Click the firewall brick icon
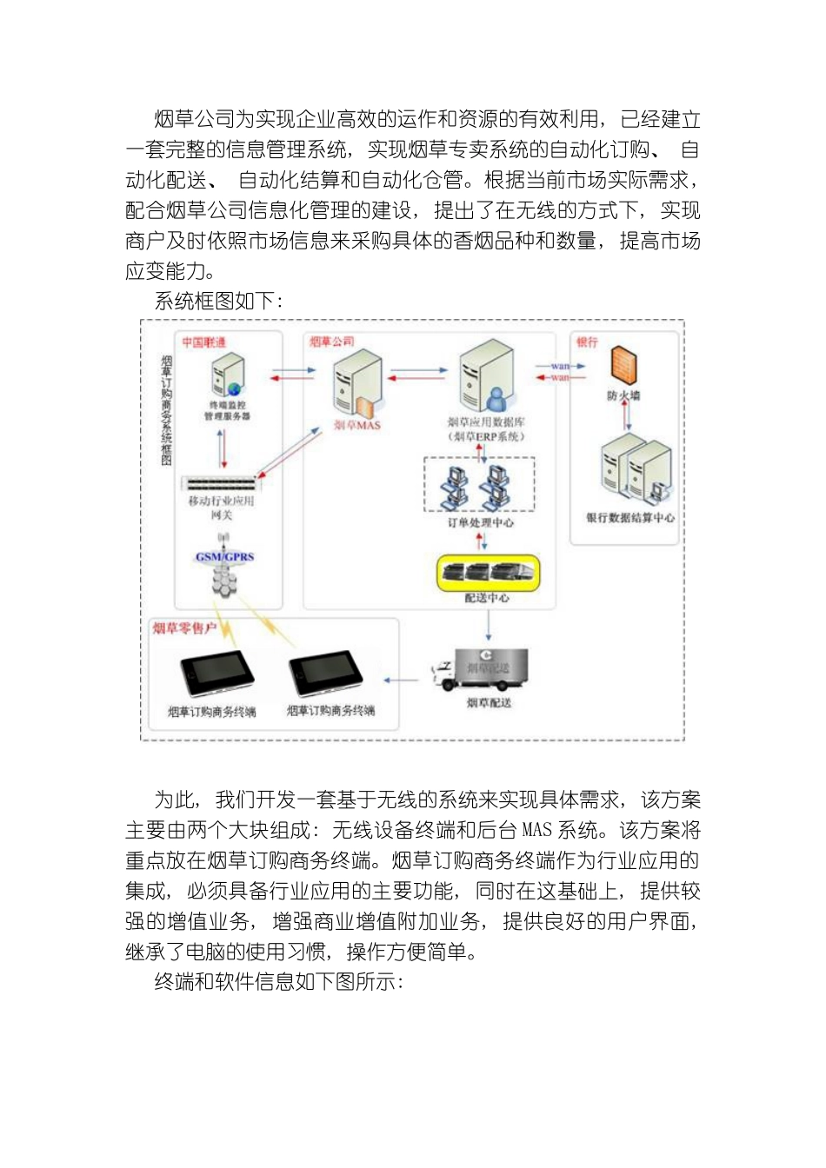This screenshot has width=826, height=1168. tap(623, 366)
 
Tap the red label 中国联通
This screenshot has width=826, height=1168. tap(203, 342)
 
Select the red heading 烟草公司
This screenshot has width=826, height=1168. tap(331, 342)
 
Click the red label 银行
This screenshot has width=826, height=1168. tap(587, 342)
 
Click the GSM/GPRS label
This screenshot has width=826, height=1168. tap(224, 557)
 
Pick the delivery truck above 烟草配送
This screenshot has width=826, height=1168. tap(481, 670)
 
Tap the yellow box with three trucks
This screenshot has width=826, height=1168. tap(488, 573)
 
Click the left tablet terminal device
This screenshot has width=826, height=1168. tap(216, 674)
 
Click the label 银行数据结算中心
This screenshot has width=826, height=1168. tap(629, 519)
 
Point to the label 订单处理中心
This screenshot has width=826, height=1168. tap(480, 523)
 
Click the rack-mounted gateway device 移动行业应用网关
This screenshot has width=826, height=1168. tap(221, 484)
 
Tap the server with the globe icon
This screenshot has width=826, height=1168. tap(228, 375)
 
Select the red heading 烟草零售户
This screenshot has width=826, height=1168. tap(184, 628)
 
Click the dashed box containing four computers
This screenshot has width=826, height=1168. tap(479, 485)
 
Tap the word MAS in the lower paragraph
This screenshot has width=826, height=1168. tap(536, 831)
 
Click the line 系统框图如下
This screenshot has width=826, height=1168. tap(217, 302)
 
